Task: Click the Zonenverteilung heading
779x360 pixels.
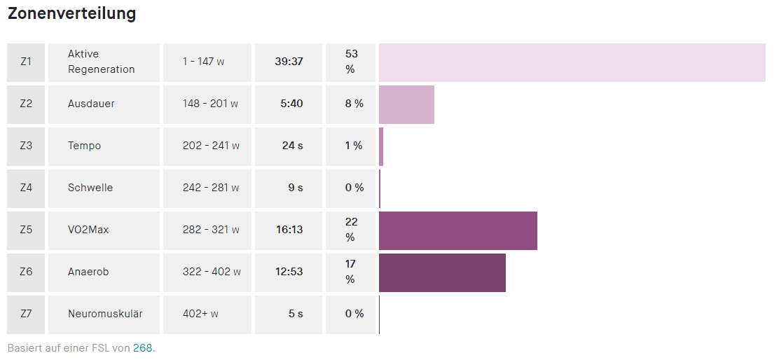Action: tap(71, 14)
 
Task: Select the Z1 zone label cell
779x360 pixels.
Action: tap(26, 62)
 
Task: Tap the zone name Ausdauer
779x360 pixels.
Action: tap(91, 104)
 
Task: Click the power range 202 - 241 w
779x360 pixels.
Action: tap(211, 146)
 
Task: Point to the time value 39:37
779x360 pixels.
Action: tap(289, 62)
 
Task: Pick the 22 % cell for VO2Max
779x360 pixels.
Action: tap(351, 230)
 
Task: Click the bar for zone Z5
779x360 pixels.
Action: tap(458, 230)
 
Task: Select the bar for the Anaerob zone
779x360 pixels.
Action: tap(442, 272)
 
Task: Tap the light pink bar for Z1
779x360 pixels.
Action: tap(572, 62)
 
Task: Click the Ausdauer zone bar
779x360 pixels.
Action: tap(406, 104)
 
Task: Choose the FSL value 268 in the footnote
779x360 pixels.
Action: tap(142, 348)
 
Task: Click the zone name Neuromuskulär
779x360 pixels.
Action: tap(105, 314)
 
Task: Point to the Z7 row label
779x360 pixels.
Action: tap(26, 314)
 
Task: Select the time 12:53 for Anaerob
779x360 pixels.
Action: tap(289, 272)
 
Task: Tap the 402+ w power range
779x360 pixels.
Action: tap(200, 314)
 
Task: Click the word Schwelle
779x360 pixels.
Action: tap(90, 188)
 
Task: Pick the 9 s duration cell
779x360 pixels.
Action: tap(296, 188)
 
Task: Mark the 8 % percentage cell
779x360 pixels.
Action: tap(354, 104)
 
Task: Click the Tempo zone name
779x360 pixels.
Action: tap(84, 146)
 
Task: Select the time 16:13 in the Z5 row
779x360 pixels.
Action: tap(289, 230)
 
